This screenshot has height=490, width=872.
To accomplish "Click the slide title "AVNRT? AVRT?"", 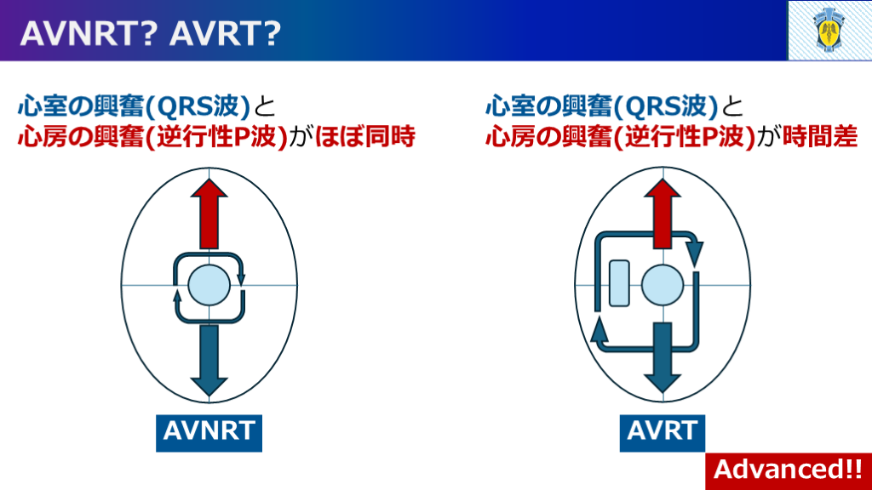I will (150, 32).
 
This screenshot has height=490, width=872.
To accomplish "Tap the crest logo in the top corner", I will (829, 31).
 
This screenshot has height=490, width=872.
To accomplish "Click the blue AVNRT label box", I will (209, 430).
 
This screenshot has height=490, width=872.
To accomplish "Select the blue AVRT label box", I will (662, 430).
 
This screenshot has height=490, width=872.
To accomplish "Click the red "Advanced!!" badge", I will (787, 469).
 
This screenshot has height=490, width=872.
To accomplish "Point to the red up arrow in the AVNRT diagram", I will (209, 214).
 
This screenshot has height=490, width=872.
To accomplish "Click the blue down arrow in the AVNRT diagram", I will (209, 357).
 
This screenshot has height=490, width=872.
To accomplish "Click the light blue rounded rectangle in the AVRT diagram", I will (619, 282).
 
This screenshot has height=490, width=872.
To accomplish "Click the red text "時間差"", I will (820, 137).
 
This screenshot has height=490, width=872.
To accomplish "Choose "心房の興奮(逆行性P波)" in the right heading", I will (620, 137).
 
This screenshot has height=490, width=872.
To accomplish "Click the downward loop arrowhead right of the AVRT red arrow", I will (695, 252).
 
